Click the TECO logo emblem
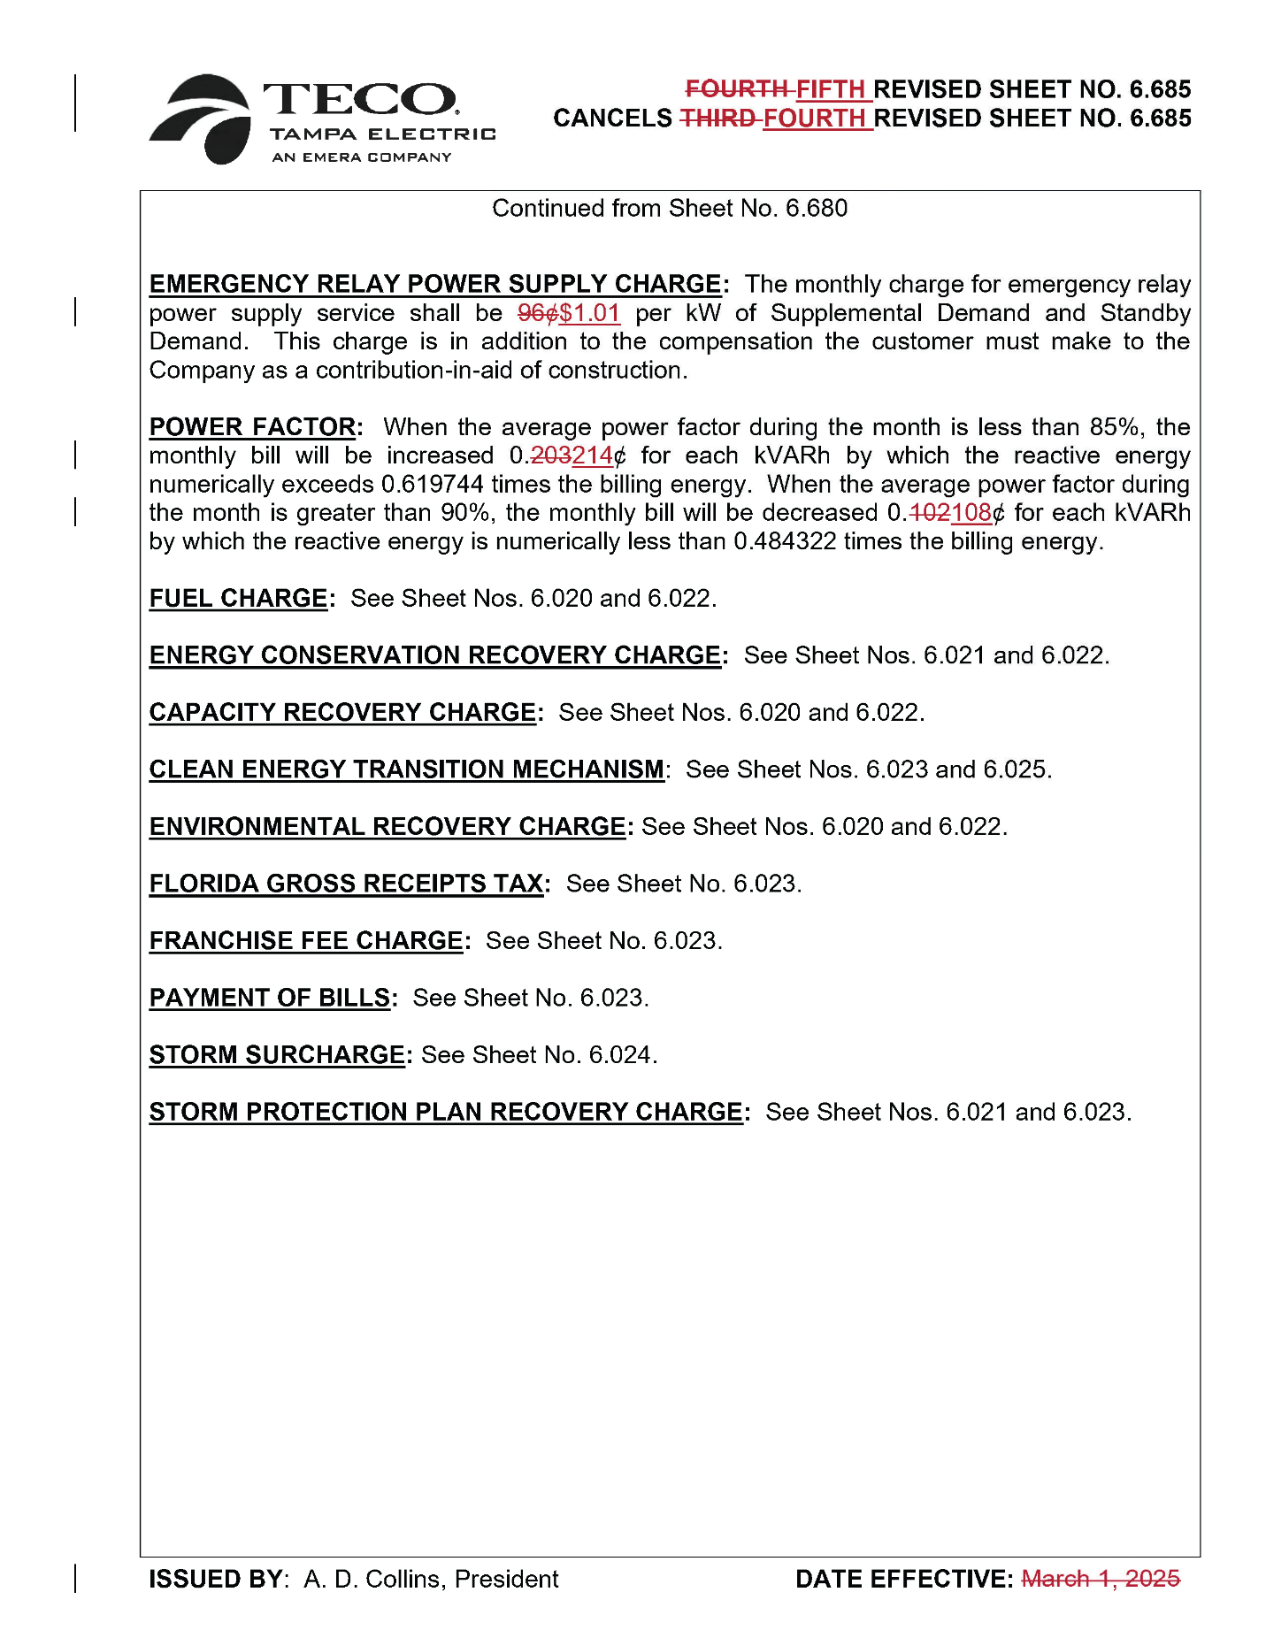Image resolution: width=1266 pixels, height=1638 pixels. pyautogui.click(x=202, y=119)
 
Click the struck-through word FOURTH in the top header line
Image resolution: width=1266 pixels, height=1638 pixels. pyautogui.click(x=737, y=89)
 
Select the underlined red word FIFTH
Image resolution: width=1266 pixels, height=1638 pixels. pyautogui.click(x=830, y=89)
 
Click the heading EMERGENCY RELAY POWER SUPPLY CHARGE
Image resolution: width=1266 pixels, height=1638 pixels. pyautogui.click(x=435, y=284)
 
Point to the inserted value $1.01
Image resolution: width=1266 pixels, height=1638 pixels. pyautogui.click(x=590, y=313)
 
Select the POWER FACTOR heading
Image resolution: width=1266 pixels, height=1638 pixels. pyautogui.click(x=252, y=427)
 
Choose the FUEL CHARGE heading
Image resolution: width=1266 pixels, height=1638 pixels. pyautogui.click(x=238, y=599)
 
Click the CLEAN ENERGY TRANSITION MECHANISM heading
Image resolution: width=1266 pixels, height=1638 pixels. pyautogui.click(x=406, y=769)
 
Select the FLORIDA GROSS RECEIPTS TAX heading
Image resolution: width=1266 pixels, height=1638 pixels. pyautogui.click(x=346, y=884)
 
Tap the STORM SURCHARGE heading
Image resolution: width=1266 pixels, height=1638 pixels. pyautogui.click(x=277, y=1055)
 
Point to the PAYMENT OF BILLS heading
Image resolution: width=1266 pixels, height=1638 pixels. pyautogui.click(x=270, y=998)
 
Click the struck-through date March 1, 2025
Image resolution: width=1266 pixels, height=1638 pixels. pyautogui.click(x=1101, y=1579)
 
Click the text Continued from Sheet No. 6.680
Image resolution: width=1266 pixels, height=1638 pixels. pyautogui.click(x=670, y=209)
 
